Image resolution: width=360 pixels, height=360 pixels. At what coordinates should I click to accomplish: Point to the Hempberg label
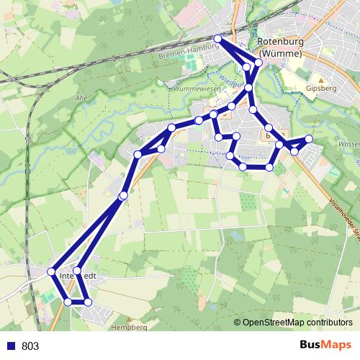129,326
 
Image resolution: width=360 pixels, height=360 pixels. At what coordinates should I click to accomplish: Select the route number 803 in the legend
30,346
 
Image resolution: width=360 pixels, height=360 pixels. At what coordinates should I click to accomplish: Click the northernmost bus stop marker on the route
218,38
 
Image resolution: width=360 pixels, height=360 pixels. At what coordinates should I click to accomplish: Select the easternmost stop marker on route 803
309,138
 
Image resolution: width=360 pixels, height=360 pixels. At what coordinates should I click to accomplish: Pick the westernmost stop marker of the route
51,271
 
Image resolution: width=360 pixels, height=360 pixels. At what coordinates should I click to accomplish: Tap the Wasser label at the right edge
348,144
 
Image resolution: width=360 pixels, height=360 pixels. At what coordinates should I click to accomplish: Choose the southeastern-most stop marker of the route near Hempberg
87,302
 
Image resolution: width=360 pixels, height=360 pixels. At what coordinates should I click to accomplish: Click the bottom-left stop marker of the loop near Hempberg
67,302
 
